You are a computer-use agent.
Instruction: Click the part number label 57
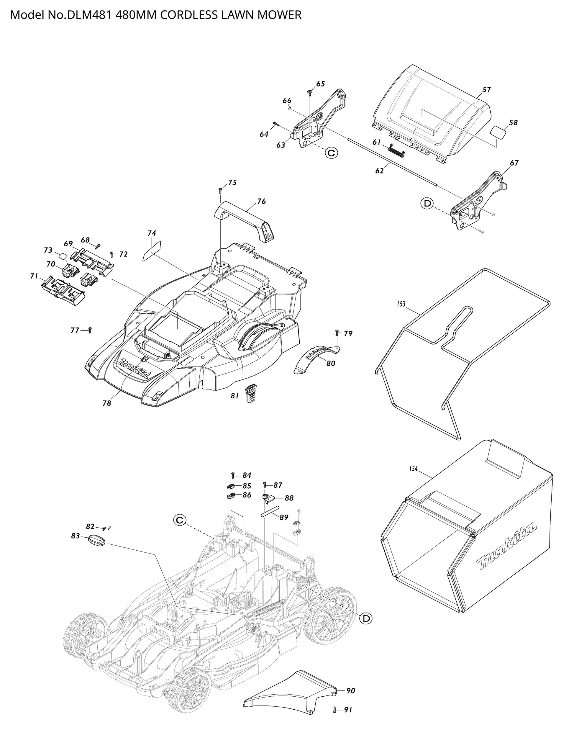click(486, 89)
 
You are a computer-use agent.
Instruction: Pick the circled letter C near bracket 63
click(331, 153)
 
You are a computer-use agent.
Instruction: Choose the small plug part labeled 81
click(250, 394)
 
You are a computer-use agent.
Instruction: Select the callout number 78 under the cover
click(107, 403)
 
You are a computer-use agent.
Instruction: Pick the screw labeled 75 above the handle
click(220, 189)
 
